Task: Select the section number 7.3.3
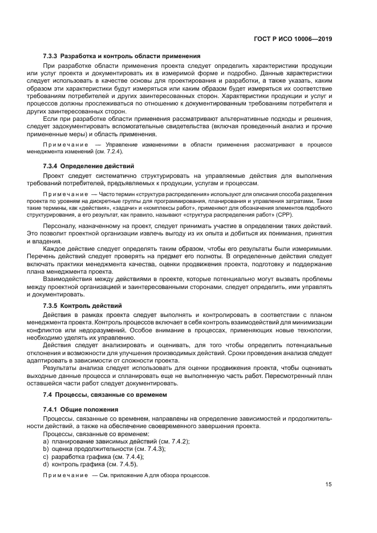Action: pyautogui.click(x=51, y=56)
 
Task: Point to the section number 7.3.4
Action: pyautogui.click(x=51, y=165)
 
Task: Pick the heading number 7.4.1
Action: pyautogui.click(x=51, y=409)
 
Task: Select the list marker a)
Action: pyautogui.click(x=45, y=442)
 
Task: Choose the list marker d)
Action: pyautogui.click(x=45, y=464)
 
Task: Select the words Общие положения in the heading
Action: pyautogui.click(x=90, y=409)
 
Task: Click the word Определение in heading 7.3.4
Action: pyautogui.click(x=86, y=165)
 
